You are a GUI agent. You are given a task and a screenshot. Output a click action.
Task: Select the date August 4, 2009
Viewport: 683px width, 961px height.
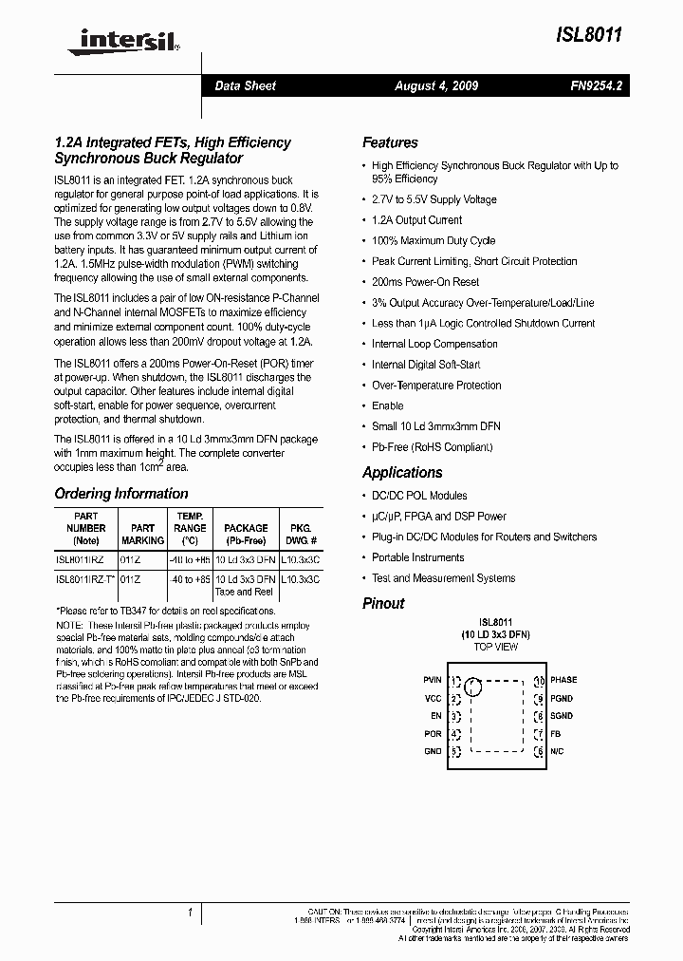pyautogui.click(x=436, y=85)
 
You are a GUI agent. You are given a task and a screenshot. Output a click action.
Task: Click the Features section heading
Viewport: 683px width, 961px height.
pyautogui.click(x=390, y=142)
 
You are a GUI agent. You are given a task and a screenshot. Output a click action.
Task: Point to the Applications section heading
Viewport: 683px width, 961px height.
pyautogui.click(x=402, y=472)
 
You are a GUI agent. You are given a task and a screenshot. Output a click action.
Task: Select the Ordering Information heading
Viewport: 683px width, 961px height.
pyautogui.click(x=121, y=494)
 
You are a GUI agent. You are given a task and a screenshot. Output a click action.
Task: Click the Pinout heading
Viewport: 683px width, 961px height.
pyautogui.click(x=383, y=603)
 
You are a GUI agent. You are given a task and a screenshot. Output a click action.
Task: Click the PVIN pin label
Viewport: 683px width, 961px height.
pyautogui.click(x=432, y=680)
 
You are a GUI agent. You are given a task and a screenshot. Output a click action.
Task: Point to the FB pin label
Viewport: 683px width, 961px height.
pyautogui.click(x=556, y=734)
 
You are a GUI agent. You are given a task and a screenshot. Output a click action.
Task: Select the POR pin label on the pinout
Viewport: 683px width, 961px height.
pyautogui.click(x=433, y=734)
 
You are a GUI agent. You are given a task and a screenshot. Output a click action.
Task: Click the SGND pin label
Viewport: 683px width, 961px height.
pyautogui.click(x=562, y=716)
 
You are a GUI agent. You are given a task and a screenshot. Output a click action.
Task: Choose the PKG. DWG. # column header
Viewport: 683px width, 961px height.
pyautogui.click(x=300, y=534)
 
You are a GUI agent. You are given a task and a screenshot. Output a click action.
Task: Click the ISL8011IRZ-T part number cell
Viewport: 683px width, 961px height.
pyautogui.click(x=85, y=579)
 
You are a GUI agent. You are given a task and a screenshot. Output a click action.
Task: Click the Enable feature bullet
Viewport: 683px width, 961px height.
pyautogui.click(x=387, y=405)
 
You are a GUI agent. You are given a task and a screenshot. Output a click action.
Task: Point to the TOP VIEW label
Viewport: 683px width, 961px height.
pyautogui.click(x=495, y=646)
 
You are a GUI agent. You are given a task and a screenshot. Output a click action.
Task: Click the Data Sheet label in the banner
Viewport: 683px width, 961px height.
pyautogui.click(x=245, y=85)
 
